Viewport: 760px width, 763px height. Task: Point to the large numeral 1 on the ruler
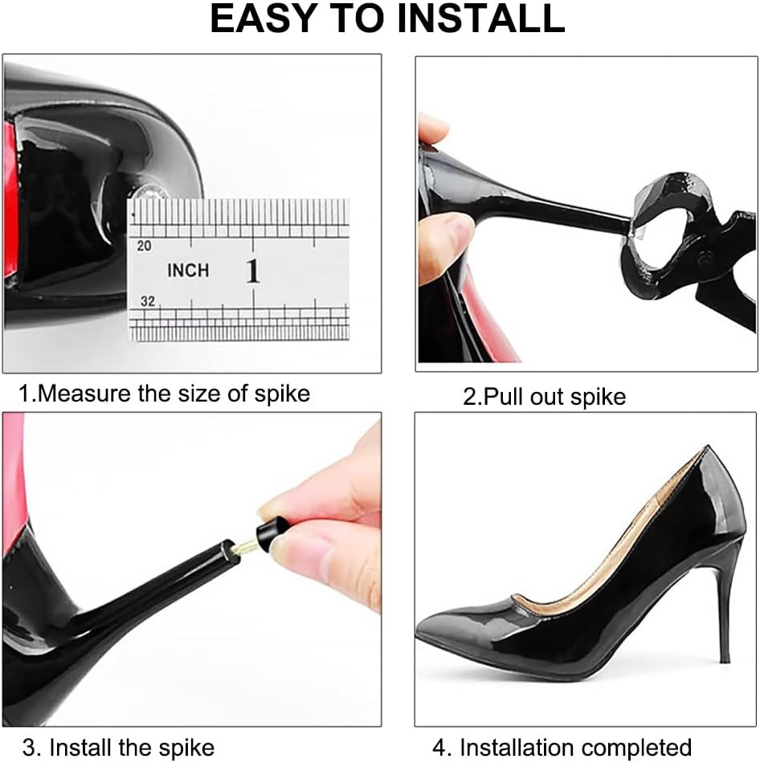[253, 271]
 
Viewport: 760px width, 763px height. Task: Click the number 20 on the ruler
[145, 247]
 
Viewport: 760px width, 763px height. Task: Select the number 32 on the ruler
[146, 302]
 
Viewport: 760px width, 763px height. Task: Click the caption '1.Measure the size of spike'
[165, 394]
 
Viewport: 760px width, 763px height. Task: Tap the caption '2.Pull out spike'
[544, 397]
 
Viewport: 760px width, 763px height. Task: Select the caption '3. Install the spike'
[118, 748]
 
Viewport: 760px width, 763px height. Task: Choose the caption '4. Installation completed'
[562, 748]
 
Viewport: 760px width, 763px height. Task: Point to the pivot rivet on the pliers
[706, 257]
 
